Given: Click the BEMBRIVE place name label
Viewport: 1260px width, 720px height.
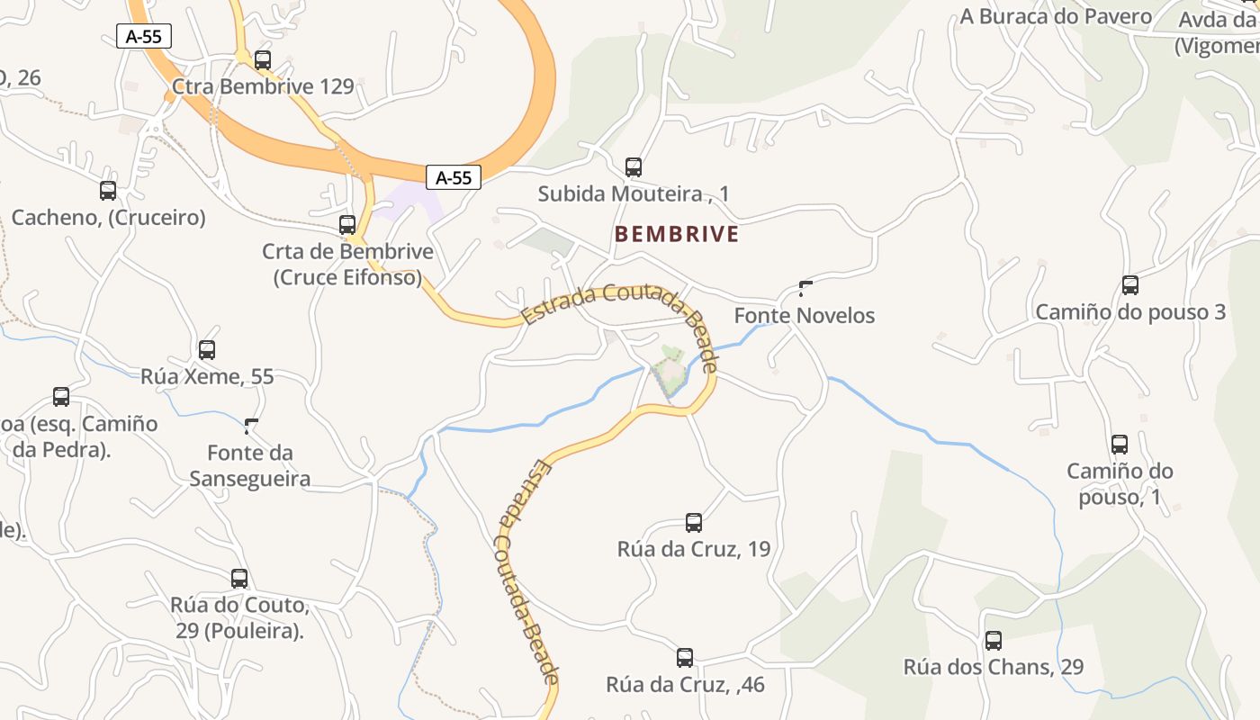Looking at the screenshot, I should coord(677,234).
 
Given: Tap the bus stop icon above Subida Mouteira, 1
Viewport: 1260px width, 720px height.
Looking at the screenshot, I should coord(634,167).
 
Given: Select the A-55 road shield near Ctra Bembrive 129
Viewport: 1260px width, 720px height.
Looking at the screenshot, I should coord(144,36).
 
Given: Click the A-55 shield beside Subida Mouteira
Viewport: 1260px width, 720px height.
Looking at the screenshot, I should coord(454,177).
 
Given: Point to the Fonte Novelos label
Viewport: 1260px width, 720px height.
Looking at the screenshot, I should coord(805,316).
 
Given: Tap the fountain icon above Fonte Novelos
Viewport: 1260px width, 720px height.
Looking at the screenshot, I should coord(805,288).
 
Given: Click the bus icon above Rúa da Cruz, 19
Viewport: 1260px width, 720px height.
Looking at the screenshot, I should coord(694,523).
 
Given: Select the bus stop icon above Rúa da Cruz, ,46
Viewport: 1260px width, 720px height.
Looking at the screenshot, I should coord(685,658).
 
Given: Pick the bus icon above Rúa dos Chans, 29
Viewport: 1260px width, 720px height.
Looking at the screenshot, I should coord(994,641).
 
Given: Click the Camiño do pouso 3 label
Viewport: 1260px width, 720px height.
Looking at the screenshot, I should coord(1130,312).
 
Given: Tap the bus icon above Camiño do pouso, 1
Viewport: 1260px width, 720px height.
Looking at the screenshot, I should coord(1120,445).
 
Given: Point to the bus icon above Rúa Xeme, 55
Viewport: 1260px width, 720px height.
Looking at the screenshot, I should coord(207,350).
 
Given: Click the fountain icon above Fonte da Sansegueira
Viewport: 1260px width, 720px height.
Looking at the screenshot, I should coord(250,424).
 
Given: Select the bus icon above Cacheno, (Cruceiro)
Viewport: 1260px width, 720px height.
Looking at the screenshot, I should coord(108,191).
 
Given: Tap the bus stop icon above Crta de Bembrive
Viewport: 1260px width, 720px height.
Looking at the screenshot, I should coord(347,225).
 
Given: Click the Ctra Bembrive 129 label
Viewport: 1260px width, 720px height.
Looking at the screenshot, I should coord(262,86).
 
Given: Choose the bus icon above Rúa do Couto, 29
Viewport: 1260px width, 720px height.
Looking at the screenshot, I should coord(239,579).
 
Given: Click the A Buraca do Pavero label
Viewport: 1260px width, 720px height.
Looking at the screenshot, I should coord(1056,16).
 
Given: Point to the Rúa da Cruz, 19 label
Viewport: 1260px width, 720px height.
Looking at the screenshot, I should coord(694,549).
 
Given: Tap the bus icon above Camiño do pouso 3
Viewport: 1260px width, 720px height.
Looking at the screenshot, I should coord(1130,285).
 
